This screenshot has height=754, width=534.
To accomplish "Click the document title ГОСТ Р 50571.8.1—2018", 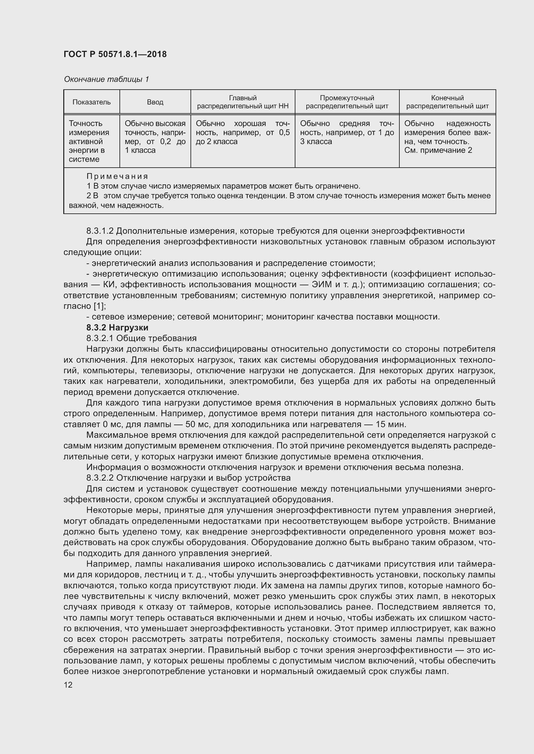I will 115,54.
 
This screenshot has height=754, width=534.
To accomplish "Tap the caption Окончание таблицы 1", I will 106,79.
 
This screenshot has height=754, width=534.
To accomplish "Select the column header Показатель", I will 91,102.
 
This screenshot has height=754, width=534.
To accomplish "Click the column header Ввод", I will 155,102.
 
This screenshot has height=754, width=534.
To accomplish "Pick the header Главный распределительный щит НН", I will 243,102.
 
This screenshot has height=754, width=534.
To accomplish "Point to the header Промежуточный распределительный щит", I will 347,102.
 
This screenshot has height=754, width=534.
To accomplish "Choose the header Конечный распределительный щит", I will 447,102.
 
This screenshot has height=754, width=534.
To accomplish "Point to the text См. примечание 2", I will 438,151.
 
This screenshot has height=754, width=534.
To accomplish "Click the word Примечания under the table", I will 118,177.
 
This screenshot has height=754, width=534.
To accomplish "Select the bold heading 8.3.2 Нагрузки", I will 117,328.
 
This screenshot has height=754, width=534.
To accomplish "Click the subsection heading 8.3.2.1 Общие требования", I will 141,338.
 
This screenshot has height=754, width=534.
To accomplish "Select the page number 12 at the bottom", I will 68,685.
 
